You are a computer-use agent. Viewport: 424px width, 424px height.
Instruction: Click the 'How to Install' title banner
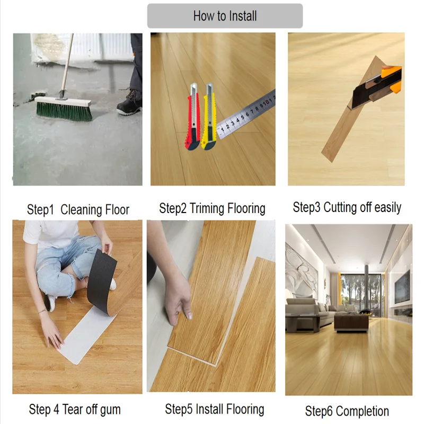(x=225, y=16)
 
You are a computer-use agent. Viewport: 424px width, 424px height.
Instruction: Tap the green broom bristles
(x=64, y=111)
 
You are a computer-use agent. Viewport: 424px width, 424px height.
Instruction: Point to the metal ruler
(x=246, y=114)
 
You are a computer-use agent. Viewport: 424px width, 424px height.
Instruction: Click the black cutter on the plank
(x=374, y=90)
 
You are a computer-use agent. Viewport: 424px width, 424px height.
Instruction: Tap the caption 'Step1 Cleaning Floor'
(x=78, y=209)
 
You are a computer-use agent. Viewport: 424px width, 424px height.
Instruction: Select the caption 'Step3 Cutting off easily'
(x=347, y=207)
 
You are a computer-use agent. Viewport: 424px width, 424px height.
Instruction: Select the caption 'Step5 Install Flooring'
(x=214, y=409)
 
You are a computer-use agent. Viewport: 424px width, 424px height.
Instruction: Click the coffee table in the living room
(x=351, y=321)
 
